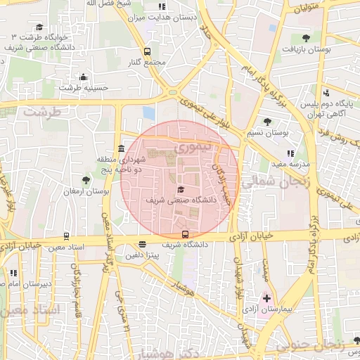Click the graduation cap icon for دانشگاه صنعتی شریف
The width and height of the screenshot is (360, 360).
click(181, 189)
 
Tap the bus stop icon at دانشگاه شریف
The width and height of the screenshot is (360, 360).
click(185, 234)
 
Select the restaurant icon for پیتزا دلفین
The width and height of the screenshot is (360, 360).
click(143, 245)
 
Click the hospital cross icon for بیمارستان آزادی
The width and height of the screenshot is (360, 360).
click(266, 298)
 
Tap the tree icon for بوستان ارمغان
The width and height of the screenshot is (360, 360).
click(86, 180)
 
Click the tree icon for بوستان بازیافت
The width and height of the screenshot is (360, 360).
click(304, 38)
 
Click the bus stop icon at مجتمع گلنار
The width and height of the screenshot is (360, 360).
click(147, 51)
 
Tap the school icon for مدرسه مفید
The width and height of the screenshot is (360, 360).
click(290, 153)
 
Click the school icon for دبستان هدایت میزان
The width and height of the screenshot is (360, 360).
click(162, 6)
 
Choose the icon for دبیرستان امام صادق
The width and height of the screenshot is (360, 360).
click(13, 273)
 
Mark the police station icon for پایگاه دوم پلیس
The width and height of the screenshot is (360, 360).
click(326, 93)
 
